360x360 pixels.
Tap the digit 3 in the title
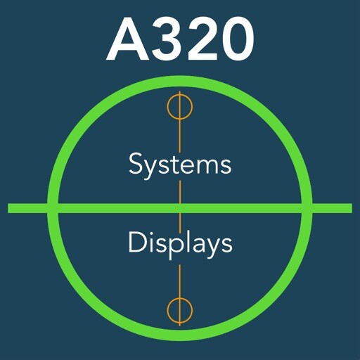click(x=167, y=39)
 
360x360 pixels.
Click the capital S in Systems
click(x=136, y=163)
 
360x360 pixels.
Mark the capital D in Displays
click(x=137, y=242)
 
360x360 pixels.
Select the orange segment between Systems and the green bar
click(x=180, y=192)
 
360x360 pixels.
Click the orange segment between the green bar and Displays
click(x=180, y=221)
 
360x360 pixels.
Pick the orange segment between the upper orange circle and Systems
click(x=180, y=136)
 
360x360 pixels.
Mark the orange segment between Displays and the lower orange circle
click(x=180, y=281)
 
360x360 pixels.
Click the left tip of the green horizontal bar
click(x=8, y=208)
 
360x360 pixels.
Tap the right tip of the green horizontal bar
click(x=352, y=208)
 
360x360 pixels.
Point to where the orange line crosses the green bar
click(x=180, y=208)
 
